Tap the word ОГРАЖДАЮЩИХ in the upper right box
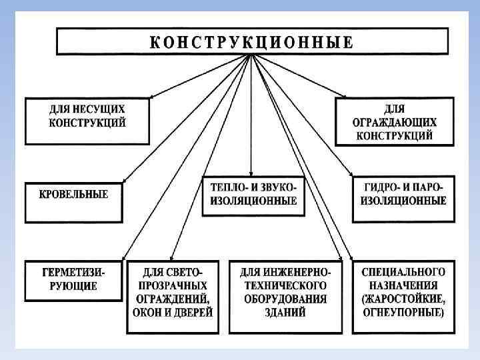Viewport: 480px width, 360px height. tap(394, 122)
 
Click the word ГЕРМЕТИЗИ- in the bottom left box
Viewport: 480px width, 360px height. tap(74, 273)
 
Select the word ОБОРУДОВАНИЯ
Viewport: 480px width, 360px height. tap(285, 299)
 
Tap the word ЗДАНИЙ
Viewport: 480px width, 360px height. tap(285, 311)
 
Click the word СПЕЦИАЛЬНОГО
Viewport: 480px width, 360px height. tap(403, 273)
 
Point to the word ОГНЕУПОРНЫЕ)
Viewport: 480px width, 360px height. tap(403, 311)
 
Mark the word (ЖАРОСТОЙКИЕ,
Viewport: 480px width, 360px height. tap(403, 299)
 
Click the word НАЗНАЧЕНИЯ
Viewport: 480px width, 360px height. tap(403, 285)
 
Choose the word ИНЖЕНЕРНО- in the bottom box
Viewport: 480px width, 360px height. tap(300, 273)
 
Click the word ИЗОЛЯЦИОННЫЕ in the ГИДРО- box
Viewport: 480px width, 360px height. tap(403, 200)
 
